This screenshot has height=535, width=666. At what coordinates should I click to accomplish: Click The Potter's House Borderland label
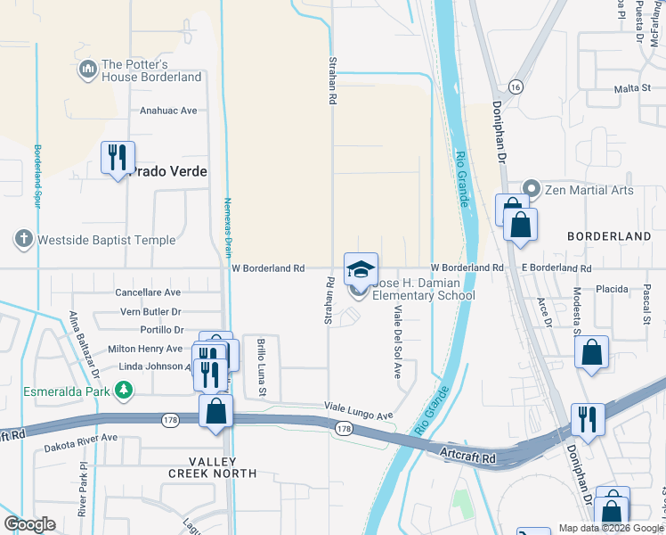click(x=150, y=70)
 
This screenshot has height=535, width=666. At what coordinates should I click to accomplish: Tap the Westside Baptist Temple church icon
click(x=23, y=239)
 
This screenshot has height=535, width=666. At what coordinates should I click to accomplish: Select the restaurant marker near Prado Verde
click(x=118, y=158)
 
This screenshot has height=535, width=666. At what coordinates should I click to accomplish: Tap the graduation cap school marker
click(x=361, y=268)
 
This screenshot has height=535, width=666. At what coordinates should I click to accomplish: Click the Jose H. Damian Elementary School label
click(x=424, y=289)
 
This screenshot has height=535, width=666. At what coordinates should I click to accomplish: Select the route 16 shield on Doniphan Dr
click(x=516, y=86)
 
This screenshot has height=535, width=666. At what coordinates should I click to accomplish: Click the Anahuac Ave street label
click(x=167, y=111)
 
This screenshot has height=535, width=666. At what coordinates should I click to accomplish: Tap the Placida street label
click(x=612, y=289)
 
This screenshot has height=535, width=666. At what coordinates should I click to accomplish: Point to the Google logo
click(x=30, y=524)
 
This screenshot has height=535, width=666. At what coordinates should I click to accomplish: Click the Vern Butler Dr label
click(x=150, y=312)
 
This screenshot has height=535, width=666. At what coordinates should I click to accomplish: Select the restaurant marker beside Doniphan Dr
click(x=589, y=419)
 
